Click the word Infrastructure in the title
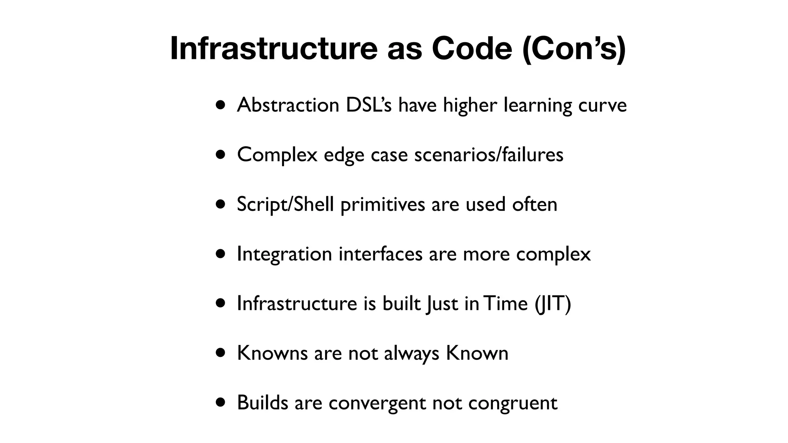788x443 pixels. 274,48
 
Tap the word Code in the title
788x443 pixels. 472,48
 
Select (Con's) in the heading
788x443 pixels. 574,48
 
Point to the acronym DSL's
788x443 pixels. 369,105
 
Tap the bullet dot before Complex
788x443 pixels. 220,155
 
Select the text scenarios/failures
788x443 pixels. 489,155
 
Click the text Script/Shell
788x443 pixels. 285,204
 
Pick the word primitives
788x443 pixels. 382,204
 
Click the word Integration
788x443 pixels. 284,254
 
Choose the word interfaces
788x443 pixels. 380,254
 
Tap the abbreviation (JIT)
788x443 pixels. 553,303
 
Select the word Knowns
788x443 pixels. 272,353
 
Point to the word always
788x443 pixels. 411,353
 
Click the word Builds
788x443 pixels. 262,403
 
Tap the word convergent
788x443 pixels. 377,403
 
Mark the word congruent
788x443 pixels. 513,403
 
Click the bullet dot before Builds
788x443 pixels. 220,403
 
